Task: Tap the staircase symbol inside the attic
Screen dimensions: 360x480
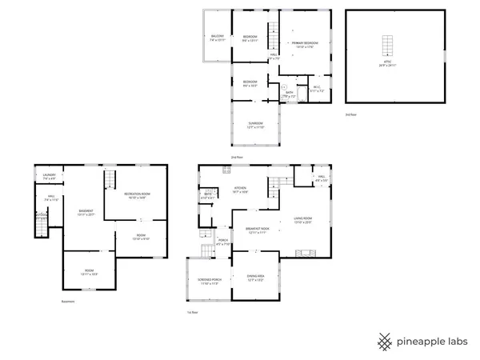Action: click(x=389, y=44)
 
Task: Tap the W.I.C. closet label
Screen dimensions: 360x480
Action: click(x=317, y=90)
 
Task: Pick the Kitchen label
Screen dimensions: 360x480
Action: click(x=240, y=190)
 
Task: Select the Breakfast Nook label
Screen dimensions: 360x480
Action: click(x=256, y=230)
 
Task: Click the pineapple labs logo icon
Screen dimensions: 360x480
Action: click(x=384, y=340)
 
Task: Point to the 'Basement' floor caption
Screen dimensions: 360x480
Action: click(x=68, y=302)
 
